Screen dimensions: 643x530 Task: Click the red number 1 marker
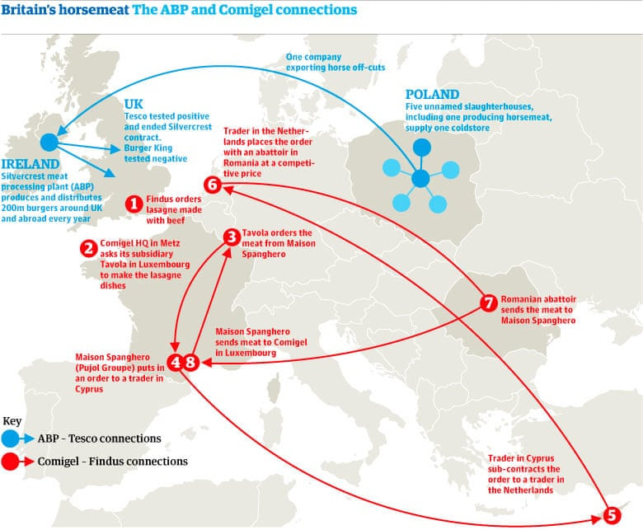[134, 204]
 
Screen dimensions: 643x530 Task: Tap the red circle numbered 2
[88, 248]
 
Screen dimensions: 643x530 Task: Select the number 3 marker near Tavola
[232, 237]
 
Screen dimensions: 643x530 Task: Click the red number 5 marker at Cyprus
[612, 515]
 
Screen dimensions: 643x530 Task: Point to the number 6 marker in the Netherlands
[213, 185]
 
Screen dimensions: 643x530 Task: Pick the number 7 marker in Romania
[488, 303]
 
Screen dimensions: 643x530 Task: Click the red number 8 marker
[191, 363]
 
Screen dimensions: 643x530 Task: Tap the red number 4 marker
[176, 363]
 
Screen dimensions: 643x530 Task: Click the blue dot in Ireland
[49, 143]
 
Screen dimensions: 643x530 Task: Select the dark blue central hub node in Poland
[420, 179]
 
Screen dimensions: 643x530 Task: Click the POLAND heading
[432, 94]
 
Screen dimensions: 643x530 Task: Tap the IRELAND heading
[31, 164]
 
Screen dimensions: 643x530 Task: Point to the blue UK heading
[134, 104]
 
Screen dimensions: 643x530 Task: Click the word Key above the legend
[12, 421]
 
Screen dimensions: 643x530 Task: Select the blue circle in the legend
[10, 439]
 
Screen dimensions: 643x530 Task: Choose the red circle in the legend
[10, 462]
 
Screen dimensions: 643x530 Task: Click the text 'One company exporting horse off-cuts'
[336, 62]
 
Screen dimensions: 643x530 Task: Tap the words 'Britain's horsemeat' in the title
[65, 9]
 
